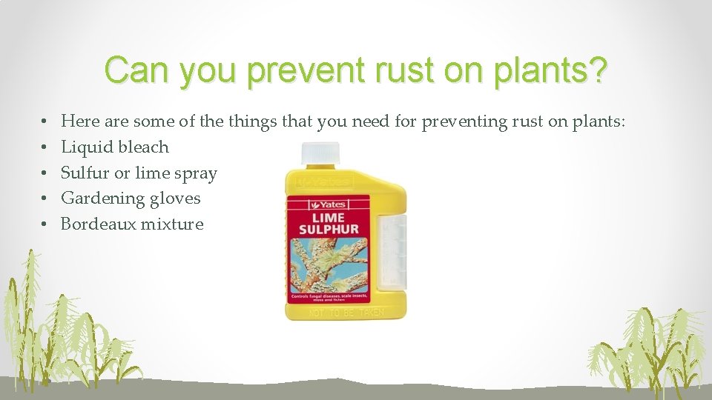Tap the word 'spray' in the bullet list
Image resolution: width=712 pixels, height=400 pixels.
tap(194, 173)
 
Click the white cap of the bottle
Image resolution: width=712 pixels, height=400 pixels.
tap(320, 155)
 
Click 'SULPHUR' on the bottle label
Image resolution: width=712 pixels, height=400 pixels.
tap(327, 230)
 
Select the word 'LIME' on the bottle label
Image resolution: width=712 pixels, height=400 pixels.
tap(327, 217)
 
